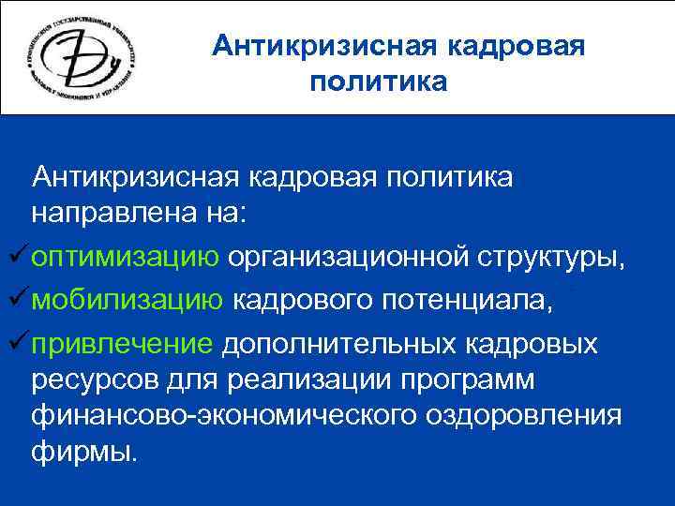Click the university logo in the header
pyautogui.click(x=85, y=58)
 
